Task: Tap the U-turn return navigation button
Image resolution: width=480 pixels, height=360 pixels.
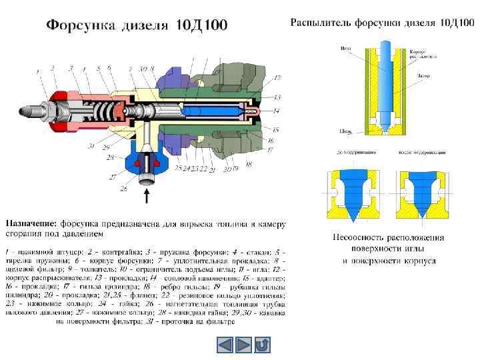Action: tap(263, 345)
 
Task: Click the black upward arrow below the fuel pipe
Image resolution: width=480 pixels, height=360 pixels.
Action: tap(147, 196)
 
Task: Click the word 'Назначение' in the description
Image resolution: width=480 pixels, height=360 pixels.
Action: tap(31, 223)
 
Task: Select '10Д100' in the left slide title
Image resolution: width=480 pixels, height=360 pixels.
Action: tap(201, 25)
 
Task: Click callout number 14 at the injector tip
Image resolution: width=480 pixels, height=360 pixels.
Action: tap(276, 109)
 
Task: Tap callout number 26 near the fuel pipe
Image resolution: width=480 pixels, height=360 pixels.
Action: tap(123, 189)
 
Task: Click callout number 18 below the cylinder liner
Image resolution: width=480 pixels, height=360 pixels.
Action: tap(248, 163)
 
